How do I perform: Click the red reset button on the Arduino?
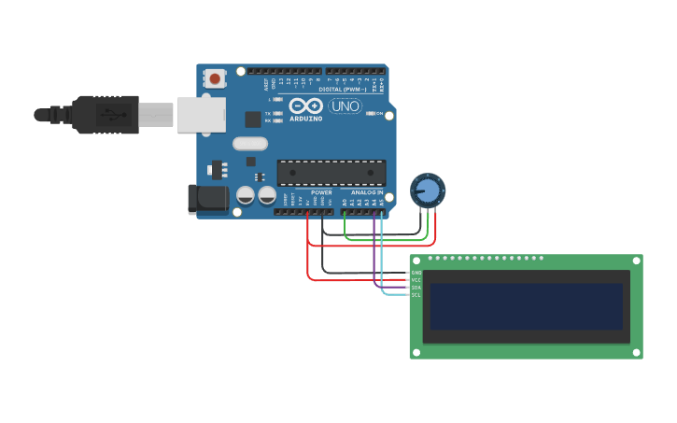pyautogui.click(x=216, y=79)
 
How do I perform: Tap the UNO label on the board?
pyautogui.click(x=346, y=106)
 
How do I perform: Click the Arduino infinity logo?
pyautogui.click(x=305, y=106)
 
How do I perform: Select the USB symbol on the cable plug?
pyautogui.click(x=111, y=115)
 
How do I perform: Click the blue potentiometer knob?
pyautogui.click(x=428, y=190)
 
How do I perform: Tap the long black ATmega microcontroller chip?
pyautogui.click(x=331, y=173)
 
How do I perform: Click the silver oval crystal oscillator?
pyautogui.click(x=250, y=144)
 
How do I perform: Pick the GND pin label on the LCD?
pyautogui.click(x=416, y=273)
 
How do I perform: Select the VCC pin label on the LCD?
pyautogui.click(x=416, y=280)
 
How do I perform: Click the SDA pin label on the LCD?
pyautogui.click(x=416, y=288)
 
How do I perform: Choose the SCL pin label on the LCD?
pyautogui.click(x=416, y=295)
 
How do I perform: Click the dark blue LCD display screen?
pyautogui.click(x=527, y=306)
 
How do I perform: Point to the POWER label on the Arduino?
pyautogui.click(x=321, y=192)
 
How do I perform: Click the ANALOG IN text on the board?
pyautogui.click(x=367, y=192)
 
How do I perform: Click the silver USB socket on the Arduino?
pyautogui.click(x=201, y=115)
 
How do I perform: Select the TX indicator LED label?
pyautogui.click(x=268, y=113)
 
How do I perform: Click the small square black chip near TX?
pyautogui.click(x=252, y=119)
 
